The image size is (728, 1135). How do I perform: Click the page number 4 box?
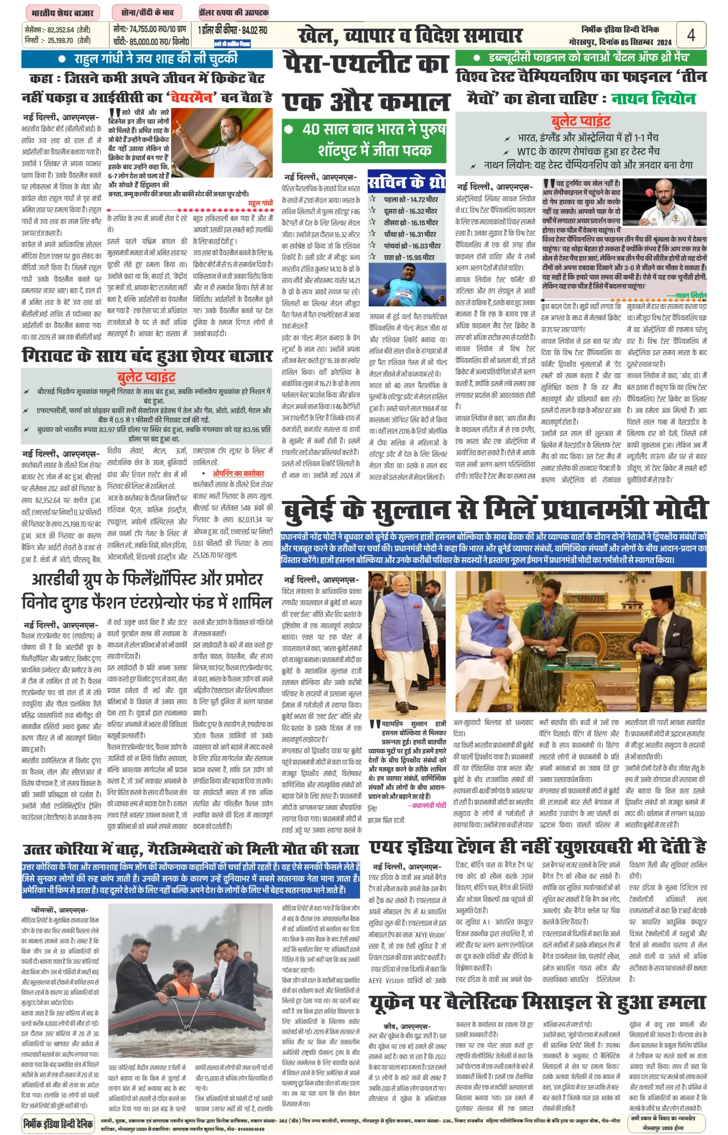[x=691, y=35]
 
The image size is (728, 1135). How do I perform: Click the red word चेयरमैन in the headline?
[x=192, y=97]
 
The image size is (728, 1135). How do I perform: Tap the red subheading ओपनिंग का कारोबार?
[x=238, y=473]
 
